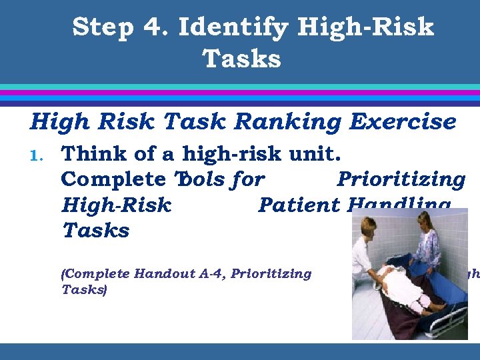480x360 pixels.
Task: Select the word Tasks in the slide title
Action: (242, 59)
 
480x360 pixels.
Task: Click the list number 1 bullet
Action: (37, 156)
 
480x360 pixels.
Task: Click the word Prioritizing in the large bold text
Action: (401, 180)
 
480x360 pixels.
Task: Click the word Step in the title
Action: (103, 28)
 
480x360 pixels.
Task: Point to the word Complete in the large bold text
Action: (113, 180)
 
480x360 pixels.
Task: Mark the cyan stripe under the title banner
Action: (240, 87)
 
